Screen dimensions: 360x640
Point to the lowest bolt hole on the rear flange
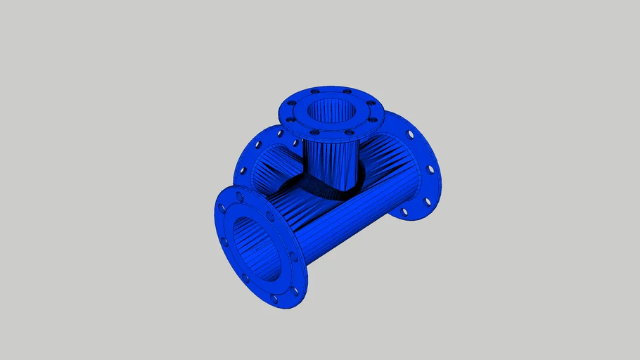coord(404,211)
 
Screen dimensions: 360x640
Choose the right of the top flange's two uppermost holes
coord(346,90)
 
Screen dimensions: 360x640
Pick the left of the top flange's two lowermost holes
coord(314,131)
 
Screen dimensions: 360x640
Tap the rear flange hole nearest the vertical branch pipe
coord(280,133)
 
